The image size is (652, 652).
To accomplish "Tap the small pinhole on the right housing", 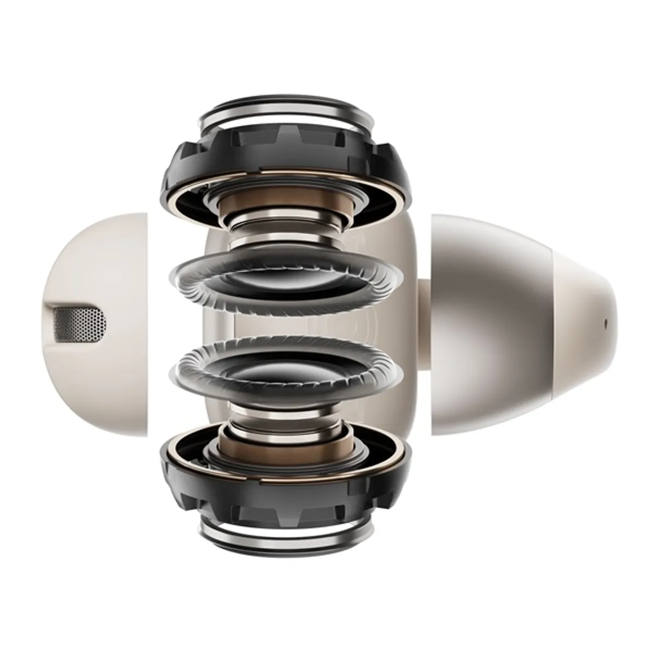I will [606, 322].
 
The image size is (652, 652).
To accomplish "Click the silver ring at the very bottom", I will [286, 543].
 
